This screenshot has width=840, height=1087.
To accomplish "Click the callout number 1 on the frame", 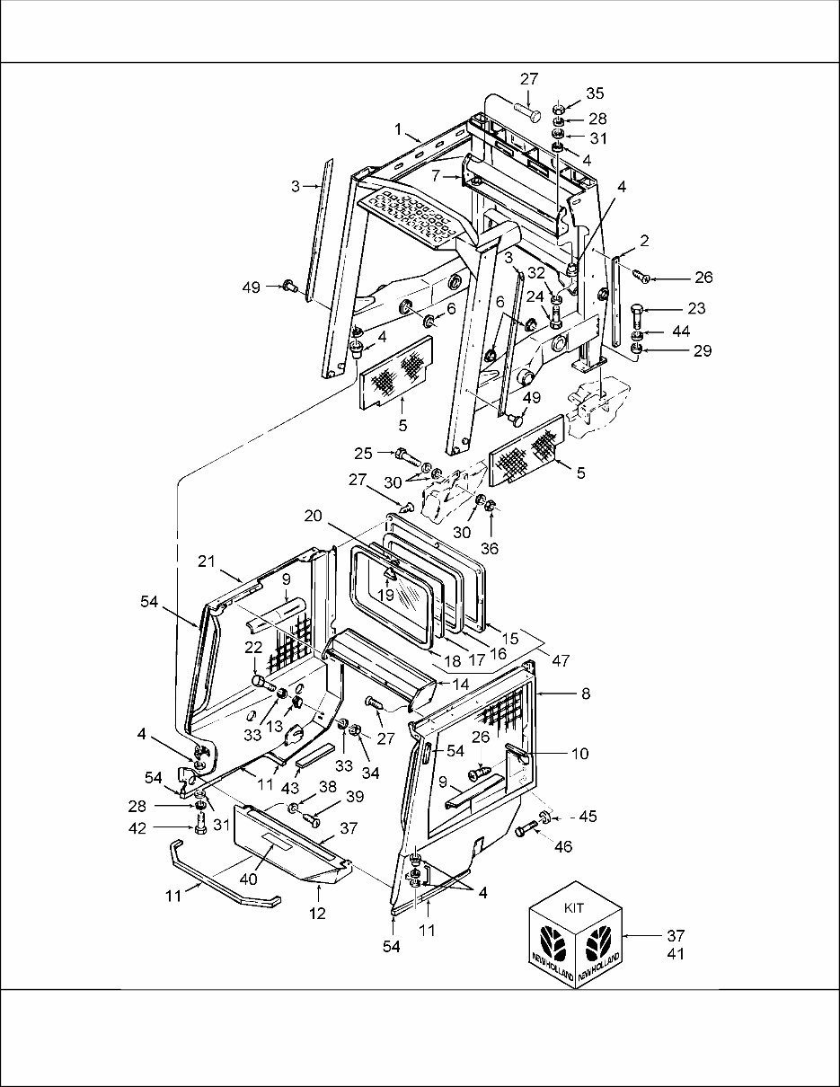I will (397, 128).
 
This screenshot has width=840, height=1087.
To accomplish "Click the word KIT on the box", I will (574, 909).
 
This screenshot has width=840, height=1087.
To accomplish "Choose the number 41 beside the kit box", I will (676, 954).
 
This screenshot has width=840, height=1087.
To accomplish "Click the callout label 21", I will (208, 561).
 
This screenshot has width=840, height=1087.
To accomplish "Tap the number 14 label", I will (461, 684).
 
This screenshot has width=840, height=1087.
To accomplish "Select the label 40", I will (249, 879).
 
